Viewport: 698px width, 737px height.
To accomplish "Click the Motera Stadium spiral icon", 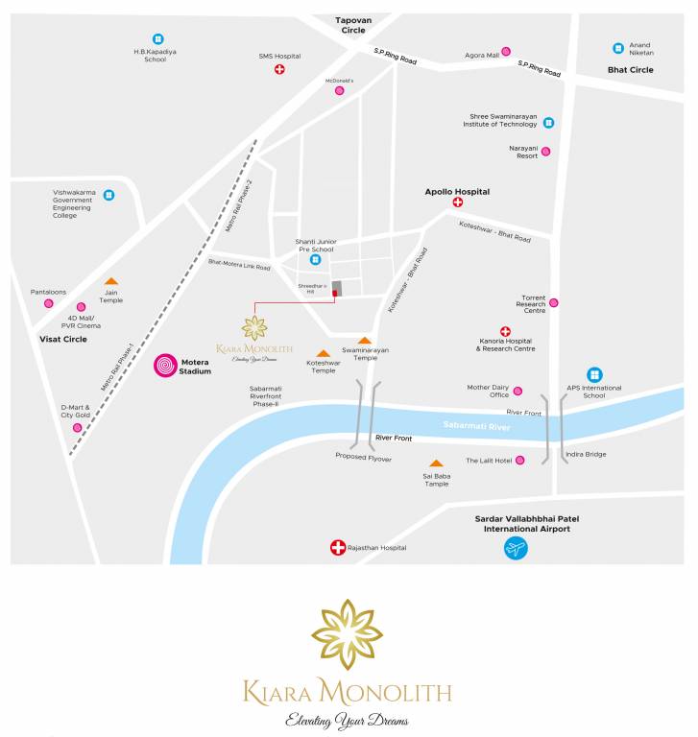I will [x=166, y=366].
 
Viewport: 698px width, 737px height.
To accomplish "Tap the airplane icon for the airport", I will [x=517, y=549].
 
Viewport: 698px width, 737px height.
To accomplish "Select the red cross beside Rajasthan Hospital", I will [x=337, y=548].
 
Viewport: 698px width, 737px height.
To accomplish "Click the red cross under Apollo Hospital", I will [x=457, y=202].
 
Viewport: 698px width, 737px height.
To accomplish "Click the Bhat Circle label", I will [x=630, y=70].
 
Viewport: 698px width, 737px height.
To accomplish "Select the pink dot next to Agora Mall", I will [x=506, y=52].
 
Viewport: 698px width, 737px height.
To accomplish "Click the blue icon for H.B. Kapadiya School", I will [x=158, y=39].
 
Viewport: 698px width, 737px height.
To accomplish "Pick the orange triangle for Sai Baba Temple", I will [x=436, y=464].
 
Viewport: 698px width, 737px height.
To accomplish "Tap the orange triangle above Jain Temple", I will [x=111, y=282].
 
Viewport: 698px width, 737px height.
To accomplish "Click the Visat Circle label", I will [x=63, y=339].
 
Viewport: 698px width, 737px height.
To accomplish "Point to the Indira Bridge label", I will [x=586, y=454].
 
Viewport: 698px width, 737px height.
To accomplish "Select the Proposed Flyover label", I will [x=363, y=458].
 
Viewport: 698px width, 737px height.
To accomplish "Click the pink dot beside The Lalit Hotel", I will [x=519, y=461].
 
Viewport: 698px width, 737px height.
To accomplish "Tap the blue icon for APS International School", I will [x=594, y=374].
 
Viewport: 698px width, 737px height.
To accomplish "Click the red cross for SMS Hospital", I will [x=279, y=70].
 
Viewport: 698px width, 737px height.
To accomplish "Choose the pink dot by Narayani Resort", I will [x=545, y=151].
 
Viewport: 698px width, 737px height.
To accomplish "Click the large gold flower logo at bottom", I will [x=347, y=635].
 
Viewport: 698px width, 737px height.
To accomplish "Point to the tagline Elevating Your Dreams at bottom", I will [x=347, y=720].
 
